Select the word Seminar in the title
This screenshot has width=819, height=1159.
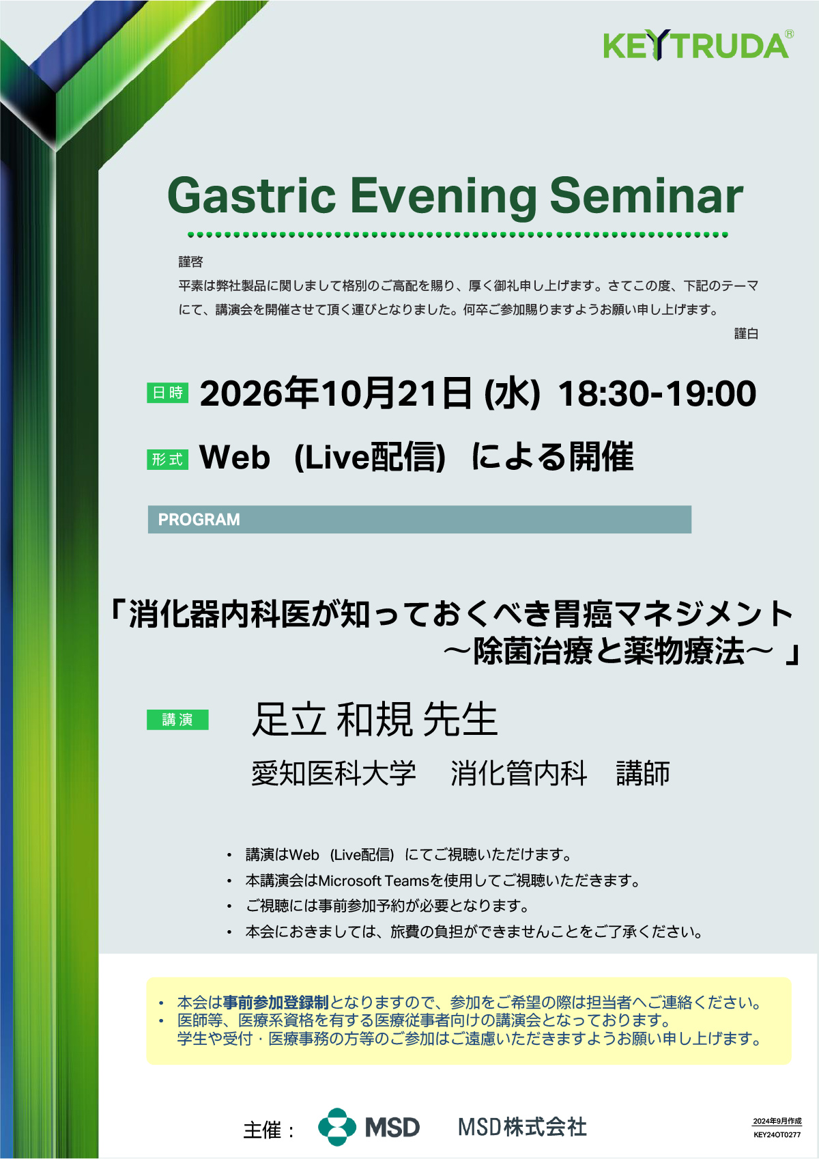pyautogui.click(x=646, y=195)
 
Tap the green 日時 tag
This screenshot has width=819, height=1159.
pyautogui.click(x=167, y=393)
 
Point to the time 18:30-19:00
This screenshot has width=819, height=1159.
pyautogui.click(x=657, y=394)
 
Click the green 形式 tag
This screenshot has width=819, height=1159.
pyautogui.click(x=167, y=460)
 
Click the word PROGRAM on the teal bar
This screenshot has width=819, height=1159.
pyautogui.click(x=199, y=520)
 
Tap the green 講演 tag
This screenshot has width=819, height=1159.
pyautogui.click(x=177, y=720)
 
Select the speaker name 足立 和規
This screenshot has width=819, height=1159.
pyautogui.click(x=332, y=719)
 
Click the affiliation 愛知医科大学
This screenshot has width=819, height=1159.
pyautogui.click(x=334, y=774)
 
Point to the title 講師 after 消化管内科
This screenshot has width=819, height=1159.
pyautogui.click(x=643, y=774)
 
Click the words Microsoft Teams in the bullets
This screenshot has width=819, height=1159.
pyautogui.click(x=374, y=880)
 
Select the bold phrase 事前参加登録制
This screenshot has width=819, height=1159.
pyautogui.click(x=276, y=1003)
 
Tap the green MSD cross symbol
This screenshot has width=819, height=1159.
pyautogui.click(x=337, y=1127)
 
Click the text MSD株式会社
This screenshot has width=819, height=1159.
pyautogui.click(x=522, y=1128)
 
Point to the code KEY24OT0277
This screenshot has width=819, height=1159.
pyautogui.click(x=777, y=1135)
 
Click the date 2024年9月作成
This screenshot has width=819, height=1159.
pyautogui.click(x=777, y=1121)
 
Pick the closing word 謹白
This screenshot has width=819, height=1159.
pyautogui.click(x=746, y=334)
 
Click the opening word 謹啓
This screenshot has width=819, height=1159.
pyautogui.click(x=191, y=262)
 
